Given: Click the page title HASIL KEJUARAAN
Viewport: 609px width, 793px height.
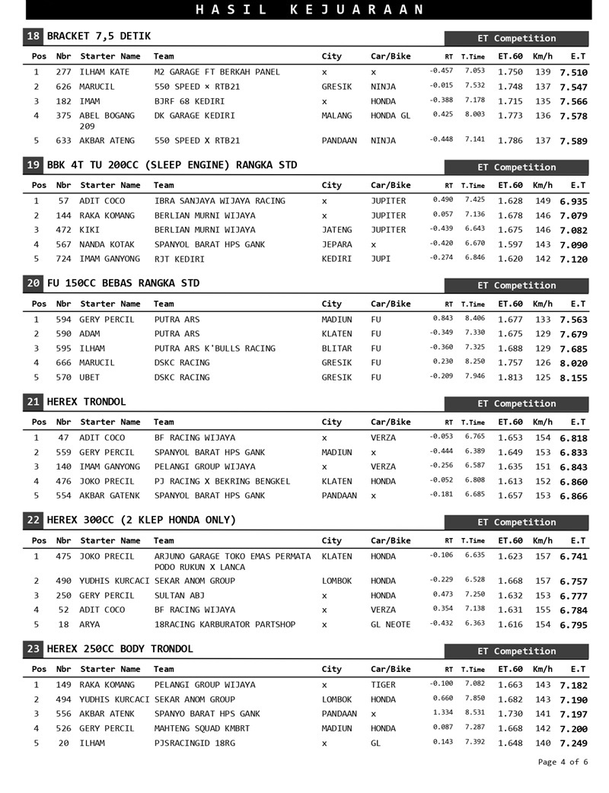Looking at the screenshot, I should pos(310,9).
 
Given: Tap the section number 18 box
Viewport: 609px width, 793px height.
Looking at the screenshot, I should pos(33,36).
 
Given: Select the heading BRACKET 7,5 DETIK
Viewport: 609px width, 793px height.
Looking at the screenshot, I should pos(99,36).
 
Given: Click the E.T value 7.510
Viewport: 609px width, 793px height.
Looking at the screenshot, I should pos(573,72).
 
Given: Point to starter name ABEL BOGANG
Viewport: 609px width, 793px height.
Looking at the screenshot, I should pos(107,116).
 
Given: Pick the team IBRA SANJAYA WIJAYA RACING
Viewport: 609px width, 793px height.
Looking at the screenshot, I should pos(219,201).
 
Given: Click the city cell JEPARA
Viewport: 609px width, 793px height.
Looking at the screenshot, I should pos(336,244).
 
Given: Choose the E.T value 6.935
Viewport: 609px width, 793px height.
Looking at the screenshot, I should pos(573,202).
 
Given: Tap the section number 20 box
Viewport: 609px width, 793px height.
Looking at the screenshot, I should pos(33,283).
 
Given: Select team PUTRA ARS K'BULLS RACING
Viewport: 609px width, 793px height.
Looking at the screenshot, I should pos(215,349).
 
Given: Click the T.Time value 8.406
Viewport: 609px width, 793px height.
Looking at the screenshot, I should pos(474,318).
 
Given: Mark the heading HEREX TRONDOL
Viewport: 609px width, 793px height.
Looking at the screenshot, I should pos(87,401).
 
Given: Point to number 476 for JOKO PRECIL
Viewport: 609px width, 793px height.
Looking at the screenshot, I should pos(63,481).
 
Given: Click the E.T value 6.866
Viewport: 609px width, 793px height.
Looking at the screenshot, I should pos(573,496).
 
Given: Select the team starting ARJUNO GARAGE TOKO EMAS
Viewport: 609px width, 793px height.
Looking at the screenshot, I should pos(232,556).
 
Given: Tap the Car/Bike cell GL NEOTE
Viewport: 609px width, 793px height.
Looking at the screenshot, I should pos(391,624).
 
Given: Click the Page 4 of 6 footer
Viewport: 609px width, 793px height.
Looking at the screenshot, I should pos(563,762).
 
